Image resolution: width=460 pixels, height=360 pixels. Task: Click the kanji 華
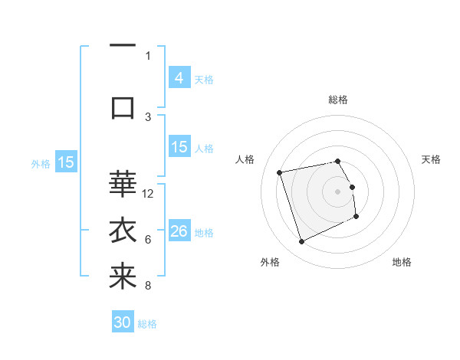coord(123,184)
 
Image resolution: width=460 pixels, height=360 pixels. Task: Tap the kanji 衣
coord(123,231)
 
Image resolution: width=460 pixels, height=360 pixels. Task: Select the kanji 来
coord(123,277)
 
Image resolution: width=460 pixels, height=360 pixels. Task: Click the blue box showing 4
coord(179,77)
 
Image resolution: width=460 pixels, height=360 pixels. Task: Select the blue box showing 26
coord(179,231)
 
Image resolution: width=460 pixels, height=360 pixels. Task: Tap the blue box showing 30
coord(123,322)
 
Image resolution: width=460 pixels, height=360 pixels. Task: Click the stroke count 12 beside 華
coord(148,194)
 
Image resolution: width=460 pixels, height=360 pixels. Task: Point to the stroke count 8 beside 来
coord(148,286)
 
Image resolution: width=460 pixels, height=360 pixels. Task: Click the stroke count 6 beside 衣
coord(148,240)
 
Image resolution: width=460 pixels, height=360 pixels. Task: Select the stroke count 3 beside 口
coord(148,116)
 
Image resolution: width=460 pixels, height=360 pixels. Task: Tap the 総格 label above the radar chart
coord(338,100)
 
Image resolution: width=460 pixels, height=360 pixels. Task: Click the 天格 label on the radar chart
coord(432,159)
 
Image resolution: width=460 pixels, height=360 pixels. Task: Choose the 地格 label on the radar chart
coord(402,262)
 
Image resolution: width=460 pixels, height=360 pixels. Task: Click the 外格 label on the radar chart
coord(270,262)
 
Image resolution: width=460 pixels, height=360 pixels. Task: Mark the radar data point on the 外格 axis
coord(301,242)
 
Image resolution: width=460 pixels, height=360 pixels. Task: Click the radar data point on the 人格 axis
coord(280,172)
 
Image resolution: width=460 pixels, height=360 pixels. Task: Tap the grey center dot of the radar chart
coord(338,191)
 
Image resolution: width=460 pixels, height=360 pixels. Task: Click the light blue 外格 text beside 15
coord(40,163)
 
